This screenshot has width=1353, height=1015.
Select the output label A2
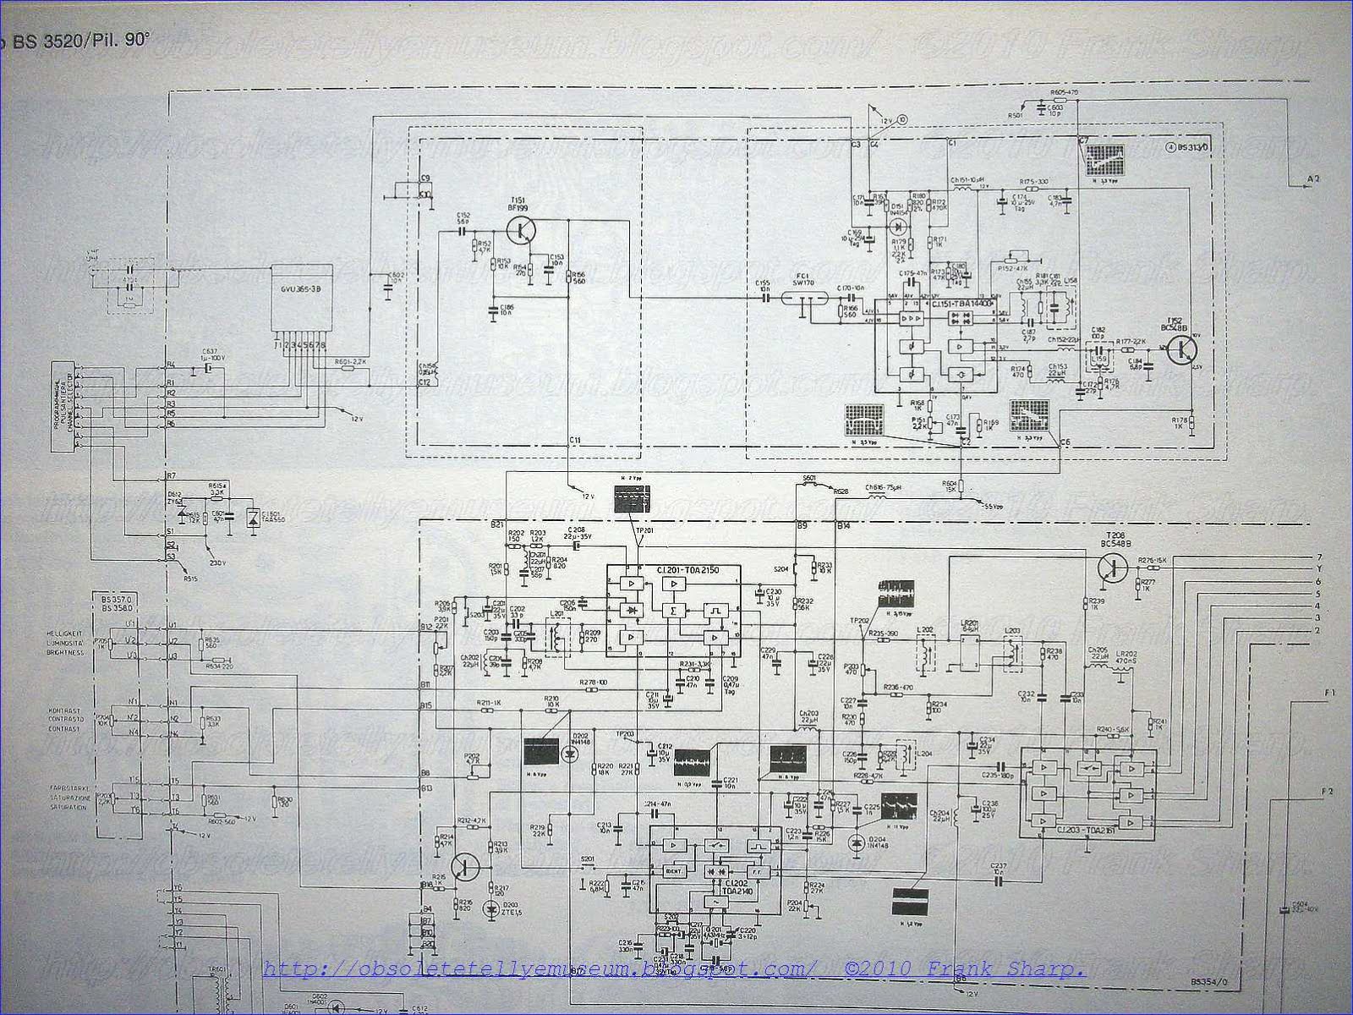pyautogui.click(x=1312, y=178)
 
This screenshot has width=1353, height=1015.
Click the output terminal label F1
pyautogui.click(x=1328, y=693)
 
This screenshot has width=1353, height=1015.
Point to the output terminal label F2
pyautogui.click(x=1328, y=791)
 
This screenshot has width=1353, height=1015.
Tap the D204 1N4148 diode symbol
pyautogui.click(x=859, y=842)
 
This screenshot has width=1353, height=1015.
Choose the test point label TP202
pyautogui.click(x=857, y=620)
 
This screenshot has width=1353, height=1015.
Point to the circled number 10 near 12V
pyautogui.click(x=903, y=119)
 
